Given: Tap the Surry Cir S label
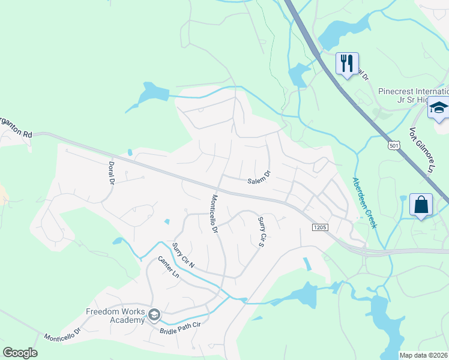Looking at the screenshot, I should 261,232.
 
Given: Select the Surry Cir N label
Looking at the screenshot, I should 183,256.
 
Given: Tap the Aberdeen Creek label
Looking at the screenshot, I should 364,202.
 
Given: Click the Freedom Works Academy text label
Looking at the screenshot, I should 115,316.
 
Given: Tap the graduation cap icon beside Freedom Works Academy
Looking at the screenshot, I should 154,314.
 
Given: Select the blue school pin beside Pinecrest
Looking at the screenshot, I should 438,109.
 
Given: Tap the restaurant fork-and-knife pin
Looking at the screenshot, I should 347,63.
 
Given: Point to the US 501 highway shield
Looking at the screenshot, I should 394,145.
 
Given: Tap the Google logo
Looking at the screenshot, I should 20,352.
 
